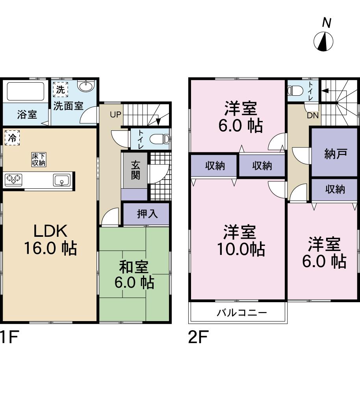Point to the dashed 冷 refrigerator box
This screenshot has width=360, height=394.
[12, 138]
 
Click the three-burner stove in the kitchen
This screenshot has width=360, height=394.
[13, 180]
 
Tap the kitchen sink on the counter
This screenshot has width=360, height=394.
[61, 180]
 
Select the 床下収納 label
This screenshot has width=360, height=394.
[39, 160]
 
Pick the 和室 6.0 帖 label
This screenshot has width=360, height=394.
[134, 275]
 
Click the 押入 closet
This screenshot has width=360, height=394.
[147, 214]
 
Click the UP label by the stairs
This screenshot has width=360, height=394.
[115, 115]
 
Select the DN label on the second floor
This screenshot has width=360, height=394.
[313, 115]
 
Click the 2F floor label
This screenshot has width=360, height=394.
[198, 338]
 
